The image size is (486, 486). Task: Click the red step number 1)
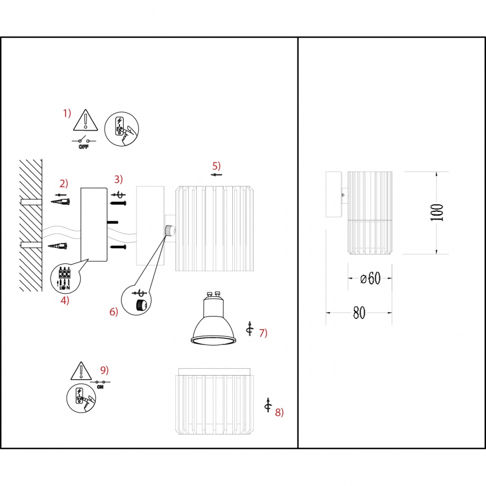67,113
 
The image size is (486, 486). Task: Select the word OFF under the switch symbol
84,147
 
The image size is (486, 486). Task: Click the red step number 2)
64,184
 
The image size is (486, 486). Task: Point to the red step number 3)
119,179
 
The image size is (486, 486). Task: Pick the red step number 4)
65,300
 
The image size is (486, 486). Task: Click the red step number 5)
216,166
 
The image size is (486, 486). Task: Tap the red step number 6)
114,312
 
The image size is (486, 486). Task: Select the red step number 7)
263,333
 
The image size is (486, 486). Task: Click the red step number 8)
279,412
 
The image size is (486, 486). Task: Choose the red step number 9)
104,370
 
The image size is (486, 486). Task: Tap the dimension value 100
437,213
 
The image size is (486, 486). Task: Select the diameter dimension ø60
370,278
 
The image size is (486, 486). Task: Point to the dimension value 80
359,312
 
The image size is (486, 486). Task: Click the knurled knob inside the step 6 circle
141,305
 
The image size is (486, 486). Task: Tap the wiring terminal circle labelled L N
65,279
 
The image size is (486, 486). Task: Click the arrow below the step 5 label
216,175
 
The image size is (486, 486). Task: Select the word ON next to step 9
101,387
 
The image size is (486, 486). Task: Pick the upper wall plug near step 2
60,202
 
